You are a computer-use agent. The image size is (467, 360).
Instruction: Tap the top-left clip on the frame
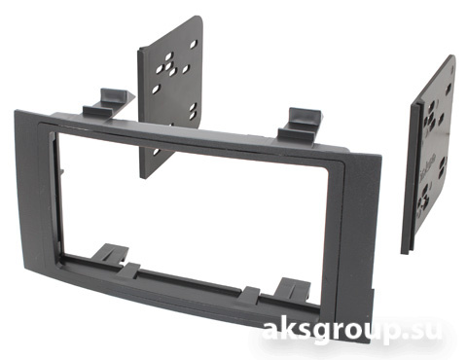point(109,102)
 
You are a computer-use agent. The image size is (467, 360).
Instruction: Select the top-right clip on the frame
point(300,125)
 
